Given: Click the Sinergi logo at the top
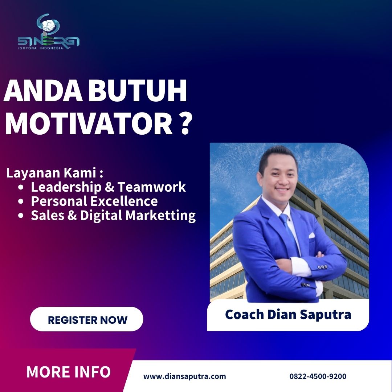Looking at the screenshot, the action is [x=49, y=32].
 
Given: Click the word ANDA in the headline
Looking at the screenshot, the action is [x=43, y=90].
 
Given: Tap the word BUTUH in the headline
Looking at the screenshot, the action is [x=137, y=90].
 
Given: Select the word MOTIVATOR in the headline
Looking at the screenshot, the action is [x=89, y=124].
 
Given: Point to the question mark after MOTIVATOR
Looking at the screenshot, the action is [x=185, y=124].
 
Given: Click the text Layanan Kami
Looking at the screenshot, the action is [x=54, y=173].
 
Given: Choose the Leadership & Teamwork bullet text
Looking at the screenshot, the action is [x=108, y=187].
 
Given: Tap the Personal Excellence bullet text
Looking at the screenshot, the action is [x=94, y=201].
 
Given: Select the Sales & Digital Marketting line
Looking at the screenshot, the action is [x=113, y=216].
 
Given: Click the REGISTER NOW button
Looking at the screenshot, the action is [x=86, y=319].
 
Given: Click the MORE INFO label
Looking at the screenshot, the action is [x=69, y=372].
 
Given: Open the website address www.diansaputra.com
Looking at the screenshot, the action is [x=184, y=376].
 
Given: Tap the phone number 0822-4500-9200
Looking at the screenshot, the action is [x=318, y=376].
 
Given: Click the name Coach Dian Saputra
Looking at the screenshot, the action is [x=288, y=314].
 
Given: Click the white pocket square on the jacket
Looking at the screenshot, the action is [x=311, y=236].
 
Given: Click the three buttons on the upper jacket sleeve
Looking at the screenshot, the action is [x=323, y=267].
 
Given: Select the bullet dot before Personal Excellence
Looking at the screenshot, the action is [x=21, y=201].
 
